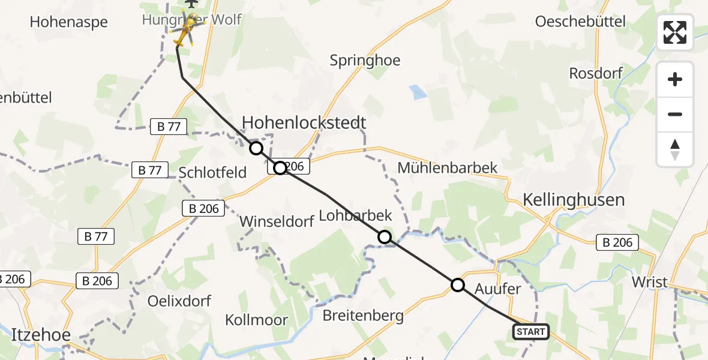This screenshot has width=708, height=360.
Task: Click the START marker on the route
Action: (x=531, y=332)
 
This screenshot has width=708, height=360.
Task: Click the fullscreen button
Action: (x=675, y=32)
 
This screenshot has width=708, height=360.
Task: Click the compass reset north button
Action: (x=675, y=150)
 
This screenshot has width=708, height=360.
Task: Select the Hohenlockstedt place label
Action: (x=304, y=123)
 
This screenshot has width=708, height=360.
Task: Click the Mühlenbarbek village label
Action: (x=448, y=167)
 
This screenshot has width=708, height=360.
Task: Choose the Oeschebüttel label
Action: (x=580, y=22)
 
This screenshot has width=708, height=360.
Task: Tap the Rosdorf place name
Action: (x=596, y=74)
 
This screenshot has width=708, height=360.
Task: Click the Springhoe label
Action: (x=365, y=61)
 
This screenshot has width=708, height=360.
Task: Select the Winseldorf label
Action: (x=277, y=221)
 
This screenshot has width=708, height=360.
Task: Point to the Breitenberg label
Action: (x=363, y=316)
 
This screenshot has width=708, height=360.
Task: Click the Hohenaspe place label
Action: (x=68, y=22)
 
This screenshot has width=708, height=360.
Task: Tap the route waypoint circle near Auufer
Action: (x=458, y=285)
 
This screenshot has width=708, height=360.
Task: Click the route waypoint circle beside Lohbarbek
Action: (x=385, y=237)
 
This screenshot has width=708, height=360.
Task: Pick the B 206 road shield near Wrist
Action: (x=617, y=242)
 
